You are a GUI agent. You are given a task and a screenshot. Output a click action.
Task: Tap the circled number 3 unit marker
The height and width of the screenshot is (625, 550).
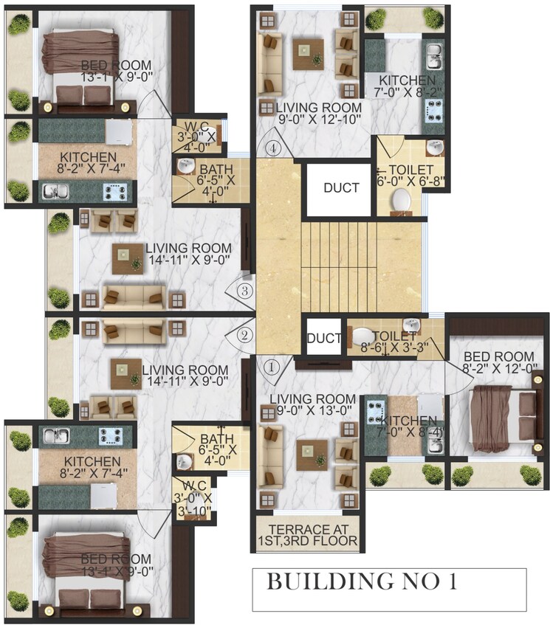246,289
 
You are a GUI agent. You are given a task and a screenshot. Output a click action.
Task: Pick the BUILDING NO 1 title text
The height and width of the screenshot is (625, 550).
362,581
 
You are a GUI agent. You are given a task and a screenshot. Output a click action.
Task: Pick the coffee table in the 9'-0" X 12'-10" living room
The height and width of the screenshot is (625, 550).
307,53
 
